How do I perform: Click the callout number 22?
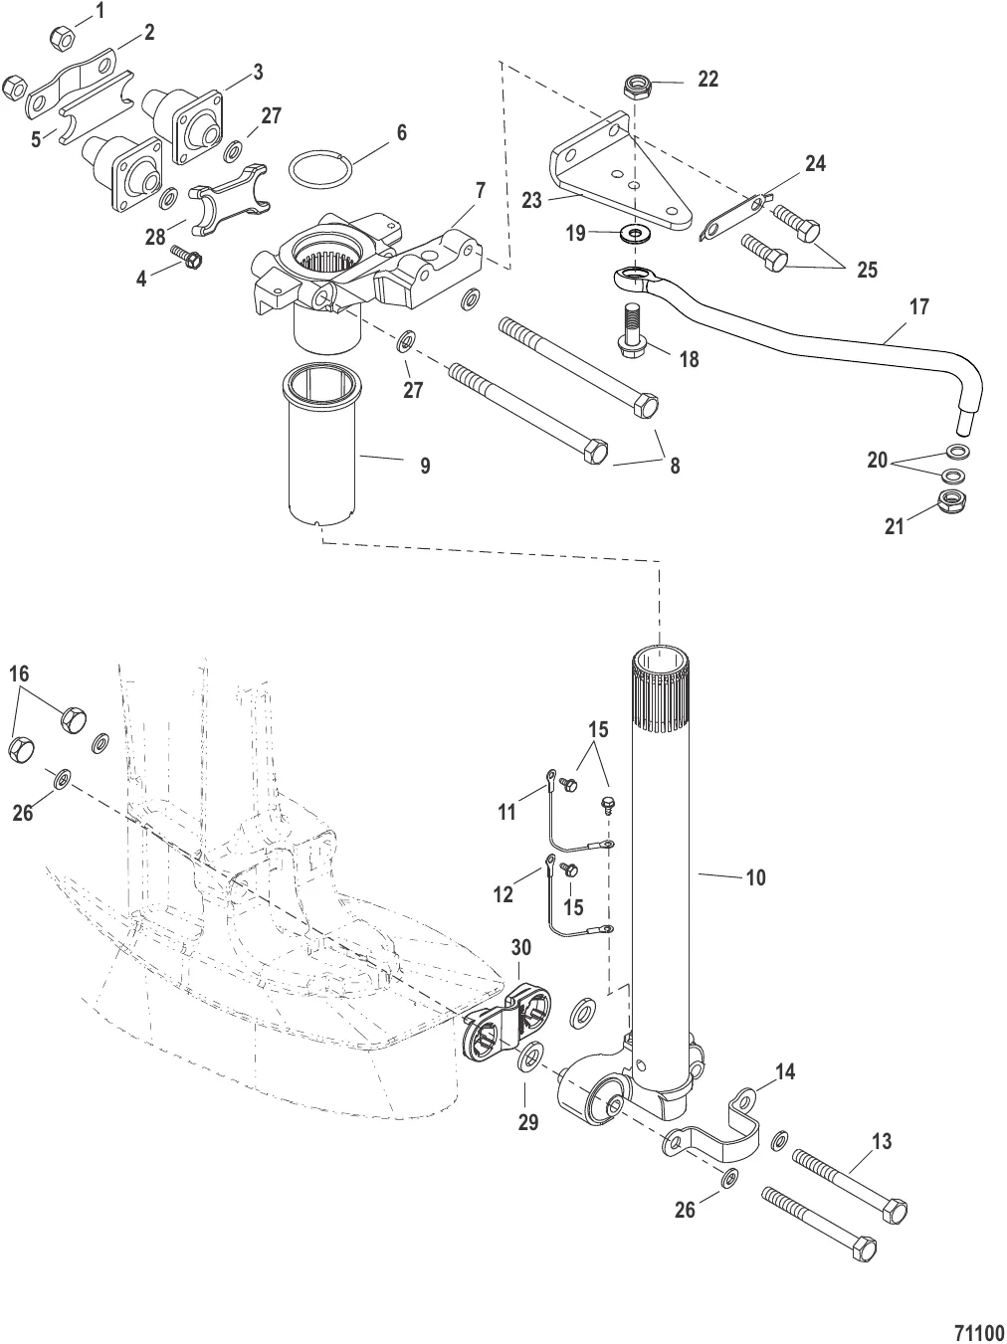click(707, 80)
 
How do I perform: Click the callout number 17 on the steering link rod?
click(918, 307)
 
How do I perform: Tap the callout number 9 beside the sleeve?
click(425, 465)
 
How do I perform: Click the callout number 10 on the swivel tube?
click(755, 877)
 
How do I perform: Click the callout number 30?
click(521, 946)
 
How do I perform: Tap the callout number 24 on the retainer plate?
click(815, 164)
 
